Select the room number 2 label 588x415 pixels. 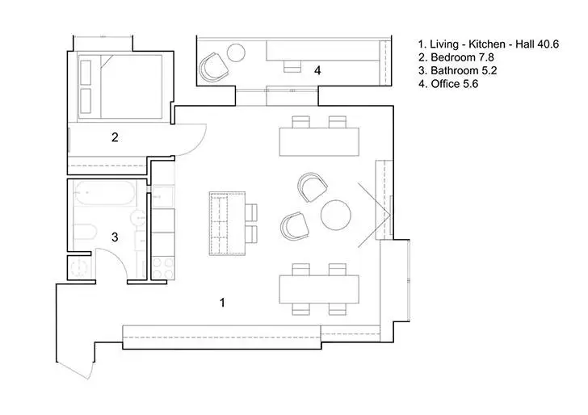coord(115,137)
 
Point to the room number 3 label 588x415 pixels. coord(115,237)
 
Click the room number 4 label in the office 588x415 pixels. coord(317,71)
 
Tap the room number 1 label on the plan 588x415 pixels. coord(223,302)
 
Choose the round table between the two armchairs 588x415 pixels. coord(336,216)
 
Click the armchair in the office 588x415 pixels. coord(212,67)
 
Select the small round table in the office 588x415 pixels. coord(236,53)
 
